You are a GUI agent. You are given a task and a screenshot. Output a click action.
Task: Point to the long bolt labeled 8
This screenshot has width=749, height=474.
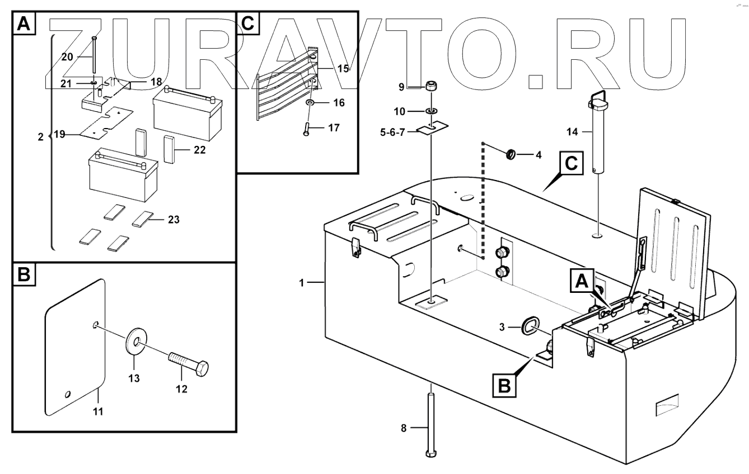pyautogui.click(x=430, y=424)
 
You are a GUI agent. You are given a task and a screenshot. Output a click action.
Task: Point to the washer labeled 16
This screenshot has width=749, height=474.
pyautogui.click(x=310, y=103)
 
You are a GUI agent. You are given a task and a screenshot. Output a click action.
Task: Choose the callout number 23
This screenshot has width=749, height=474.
pyautogui.click(x=174, y=220)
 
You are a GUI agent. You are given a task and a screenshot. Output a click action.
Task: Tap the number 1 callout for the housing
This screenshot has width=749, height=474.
pyautogui.click(x=301, y=283)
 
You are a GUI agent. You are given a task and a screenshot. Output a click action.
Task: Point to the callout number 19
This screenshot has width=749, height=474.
pyautogui.click(x=59, y=135)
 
